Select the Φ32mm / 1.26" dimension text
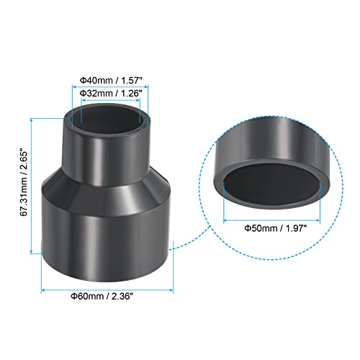(110, 93)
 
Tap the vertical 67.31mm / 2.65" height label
(24, 184)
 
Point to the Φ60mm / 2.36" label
(102, 296)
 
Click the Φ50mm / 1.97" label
(276, 228)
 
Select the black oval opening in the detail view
(272, 181)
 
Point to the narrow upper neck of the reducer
(106, 153)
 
